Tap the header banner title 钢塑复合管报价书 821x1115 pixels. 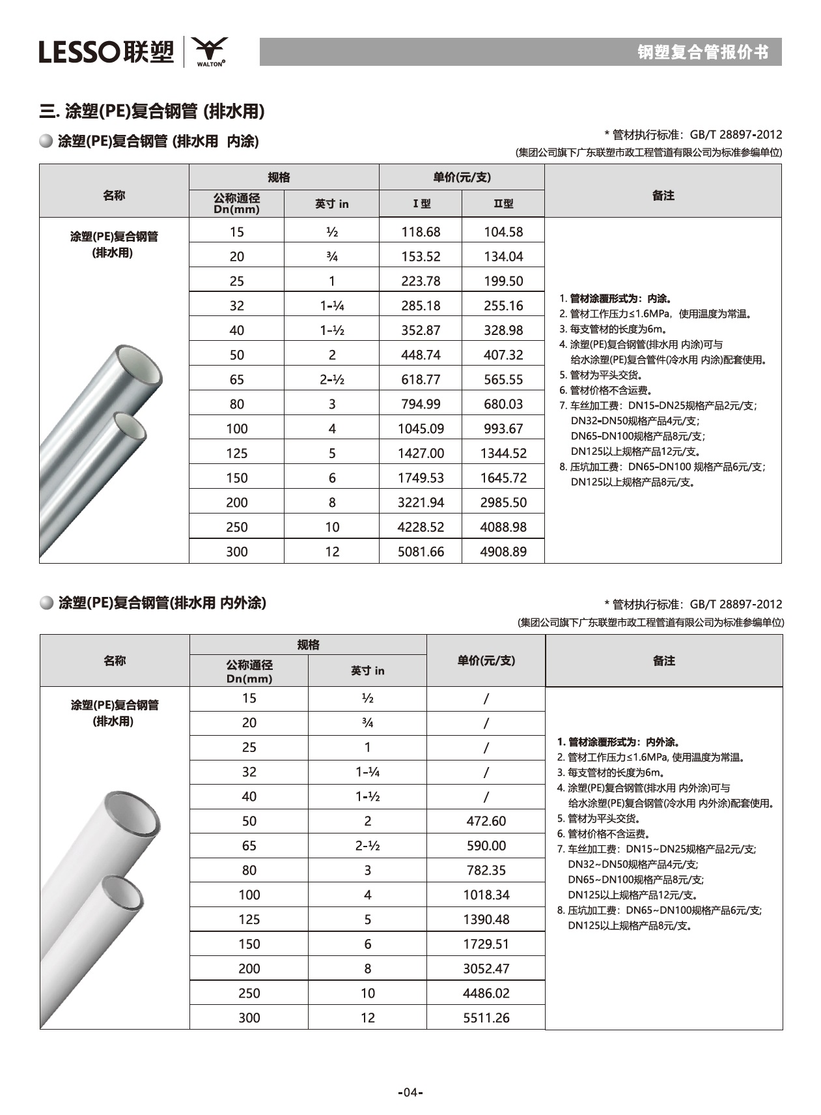point(703,52)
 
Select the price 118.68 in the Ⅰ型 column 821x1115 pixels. point(421,232)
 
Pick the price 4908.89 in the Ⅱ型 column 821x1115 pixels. point(503,552)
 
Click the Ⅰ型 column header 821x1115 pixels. point(421,204)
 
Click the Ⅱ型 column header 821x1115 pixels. point(503,204)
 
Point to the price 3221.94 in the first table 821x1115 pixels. point(421,502)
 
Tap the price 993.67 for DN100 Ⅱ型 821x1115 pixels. point(503,429)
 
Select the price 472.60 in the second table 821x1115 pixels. point(486,821)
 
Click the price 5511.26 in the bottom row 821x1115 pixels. point(486,1018)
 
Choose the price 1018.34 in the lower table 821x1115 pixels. point(486,895)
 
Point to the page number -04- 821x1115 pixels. point(410,1092)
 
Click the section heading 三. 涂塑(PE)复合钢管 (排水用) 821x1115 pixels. point(152,111)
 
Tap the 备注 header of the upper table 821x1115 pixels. point(663,195)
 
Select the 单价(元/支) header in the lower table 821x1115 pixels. point(486,661)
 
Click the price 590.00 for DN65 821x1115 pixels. point(486,846)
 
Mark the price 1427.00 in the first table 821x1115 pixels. point(421,454)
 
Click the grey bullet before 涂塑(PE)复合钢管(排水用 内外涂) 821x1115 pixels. point(46,603)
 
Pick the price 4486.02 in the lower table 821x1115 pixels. point(486,993)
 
